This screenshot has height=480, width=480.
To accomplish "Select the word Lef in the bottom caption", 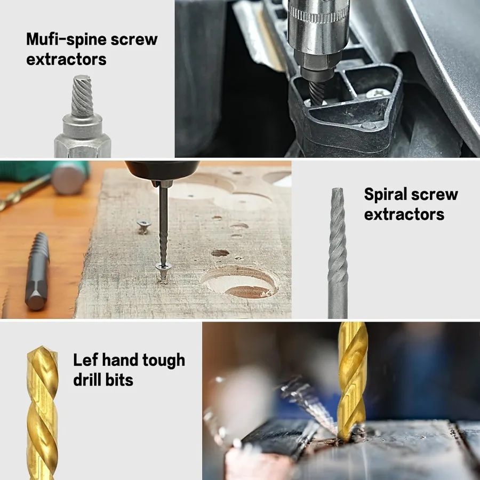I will point(85,360).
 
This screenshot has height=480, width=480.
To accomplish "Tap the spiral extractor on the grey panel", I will point(338,251).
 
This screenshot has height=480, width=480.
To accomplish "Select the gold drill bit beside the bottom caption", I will point(43,411).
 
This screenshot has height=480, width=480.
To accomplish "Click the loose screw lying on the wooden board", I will point(143,226).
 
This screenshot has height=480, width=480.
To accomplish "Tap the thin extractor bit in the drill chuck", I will point(163,224).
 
